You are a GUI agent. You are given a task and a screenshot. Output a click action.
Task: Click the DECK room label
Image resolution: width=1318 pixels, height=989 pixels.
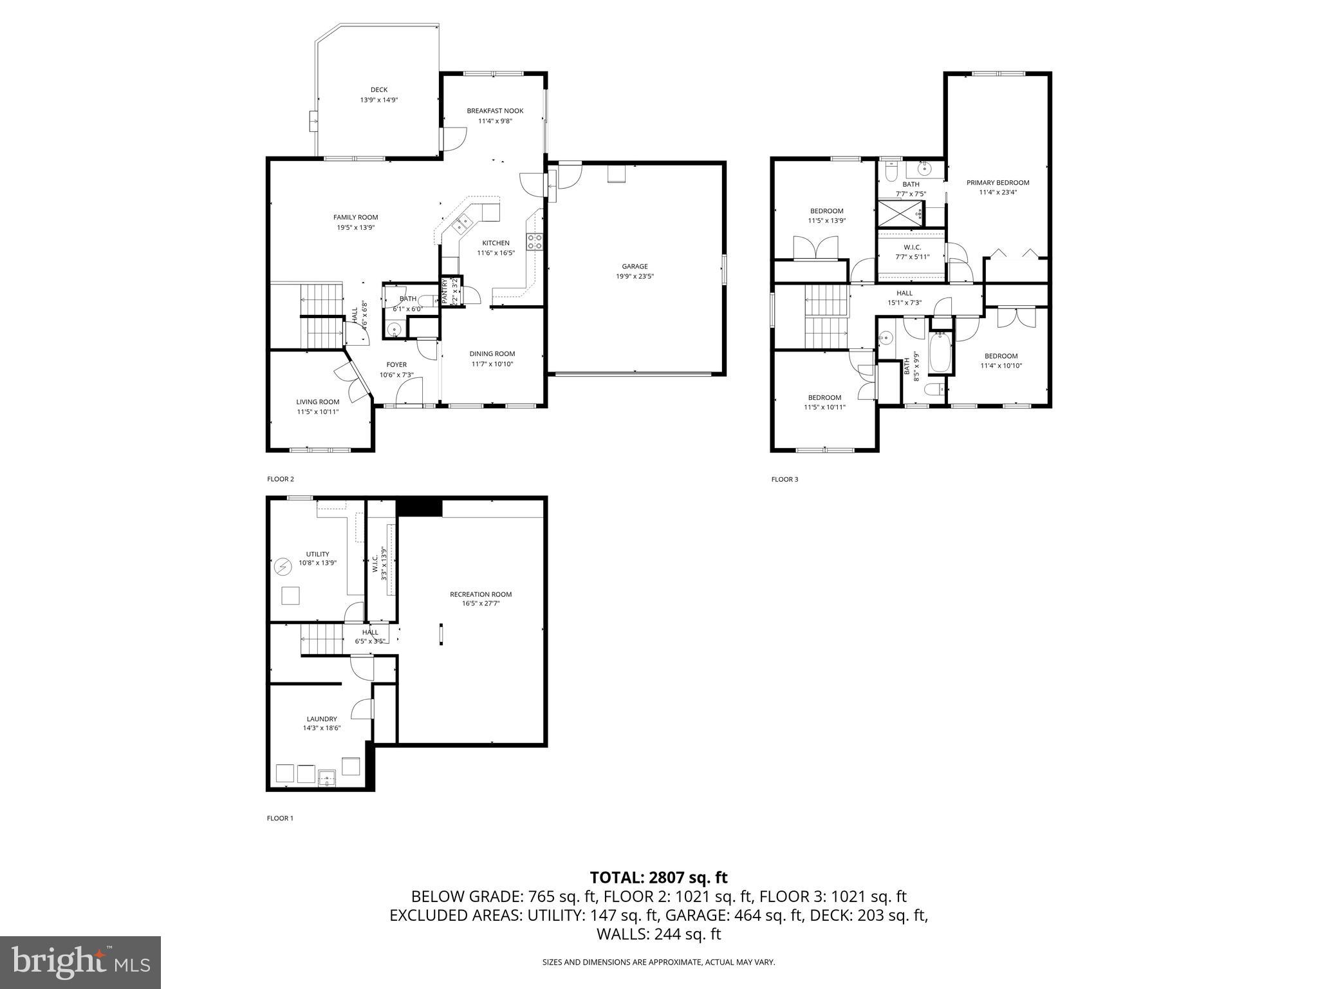click(x=379, y=90)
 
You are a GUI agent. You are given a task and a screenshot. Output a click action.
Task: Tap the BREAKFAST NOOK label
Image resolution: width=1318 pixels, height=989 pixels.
click(x=495, y=111)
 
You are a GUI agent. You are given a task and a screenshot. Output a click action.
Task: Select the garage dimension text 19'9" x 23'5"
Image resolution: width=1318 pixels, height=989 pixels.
click(x=635, y=276)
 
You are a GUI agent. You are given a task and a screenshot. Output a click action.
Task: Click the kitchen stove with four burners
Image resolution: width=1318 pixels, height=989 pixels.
click(x=535, y=242)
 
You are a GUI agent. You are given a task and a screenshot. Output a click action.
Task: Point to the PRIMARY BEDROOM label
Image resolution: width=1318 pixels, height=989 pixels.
click(x=998, y=183)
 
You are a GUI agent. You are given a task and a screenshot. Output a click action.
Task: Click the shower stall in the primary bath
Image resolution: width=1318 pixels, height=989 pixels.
click(x=900, y=213)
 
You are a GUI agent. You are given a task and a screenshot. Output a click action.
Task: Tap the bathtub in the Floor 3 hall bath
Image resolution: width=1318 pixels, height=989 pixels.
click(x=940, y=352)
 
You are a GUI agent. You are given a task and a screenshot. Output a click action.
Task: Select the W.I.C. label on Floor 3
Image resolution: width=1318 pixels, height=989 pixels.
click(x=912, y=247)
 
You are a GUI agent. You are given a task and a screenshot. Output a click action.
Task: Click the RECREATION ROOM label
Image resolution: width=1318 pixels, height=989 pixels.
click(x=480, y=594)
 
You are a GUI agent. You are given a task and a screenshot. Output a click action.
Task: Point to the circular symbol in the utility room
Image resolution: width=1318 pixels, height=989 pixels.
click(x=283, y=567)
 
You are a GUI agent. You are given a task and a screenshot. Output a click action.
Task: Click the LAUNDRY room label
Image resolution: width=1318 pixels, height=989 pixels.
click(x=321, y=719)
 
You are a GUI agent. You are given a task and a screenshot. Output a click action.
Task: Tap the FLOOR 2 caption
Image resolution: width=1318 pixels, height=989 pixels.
click(x=281, y=479)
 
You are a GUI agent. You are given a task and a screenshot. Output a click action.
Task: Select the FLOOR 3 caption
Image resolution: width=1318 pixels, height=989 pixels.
click(x=784, y=479)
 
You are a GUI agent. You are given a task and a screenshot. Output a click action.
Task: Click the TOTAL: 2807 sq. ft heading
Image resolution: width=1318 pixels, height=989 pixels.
click(x=658, y=877)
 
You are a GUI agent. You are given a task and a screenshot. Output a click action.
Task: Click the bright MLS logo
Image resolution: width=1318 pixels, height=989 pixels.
click(x=80, y=962)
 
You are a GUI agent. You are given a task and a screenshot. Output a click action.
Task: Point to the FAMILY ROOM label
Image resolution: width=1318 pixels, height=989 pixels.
click(x=355, y=218)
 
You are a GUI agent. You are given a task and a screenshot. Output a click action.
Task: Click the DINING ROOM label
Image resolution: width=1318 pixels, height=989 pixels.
click(x=492, y=353)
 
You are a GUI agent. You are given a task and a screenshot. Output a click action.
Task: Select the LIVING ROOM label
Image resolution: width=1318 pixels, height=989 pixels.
click(x=317, y=402)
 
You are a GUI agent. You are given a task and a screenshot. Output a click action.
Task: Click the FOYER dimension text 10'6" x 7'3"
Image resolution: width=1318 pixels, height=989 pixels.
click(x=396, y=375)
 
